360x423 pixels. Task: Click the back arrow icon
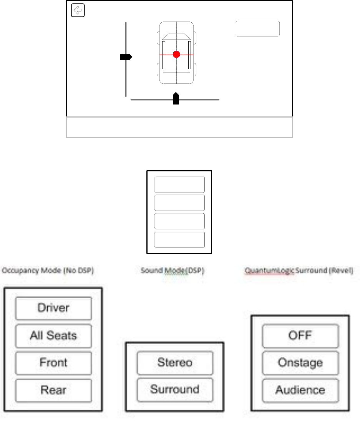(x=78, y=11)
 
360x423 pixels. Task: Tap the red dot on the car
(x=176, y=55)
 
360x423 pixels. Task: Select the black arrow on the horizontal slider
(x=176, y=99)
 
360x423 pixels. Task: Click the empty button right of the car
(x=257, y=29)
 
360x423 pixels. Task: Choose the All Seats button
(x=53, y=336)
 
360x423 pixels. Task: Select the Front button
(x=53, y=363)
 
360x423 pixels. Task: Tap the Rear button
(x=53, y=390)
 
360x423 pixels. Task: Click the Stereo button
(x=175, y=363)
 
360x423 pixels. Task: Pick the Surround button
(x=175, y=390)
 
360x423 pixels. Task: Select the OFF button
(x=300, y=336)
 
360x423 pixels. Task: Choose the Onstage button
(x=300, y=363)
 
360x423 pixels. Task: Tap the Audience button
(x=300, y=390)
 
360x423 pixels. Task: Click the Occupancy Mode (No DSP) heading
(x=48, y=270)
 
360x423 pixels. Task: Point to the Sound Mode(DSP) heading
(x=173, y=270)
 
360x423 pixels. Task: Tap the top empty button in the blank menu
(x=179, y=184)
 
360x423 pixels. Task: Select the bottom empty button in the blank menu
(x=179, y=240)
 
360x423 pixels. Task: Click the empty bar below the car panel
(x=179, y=127)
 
